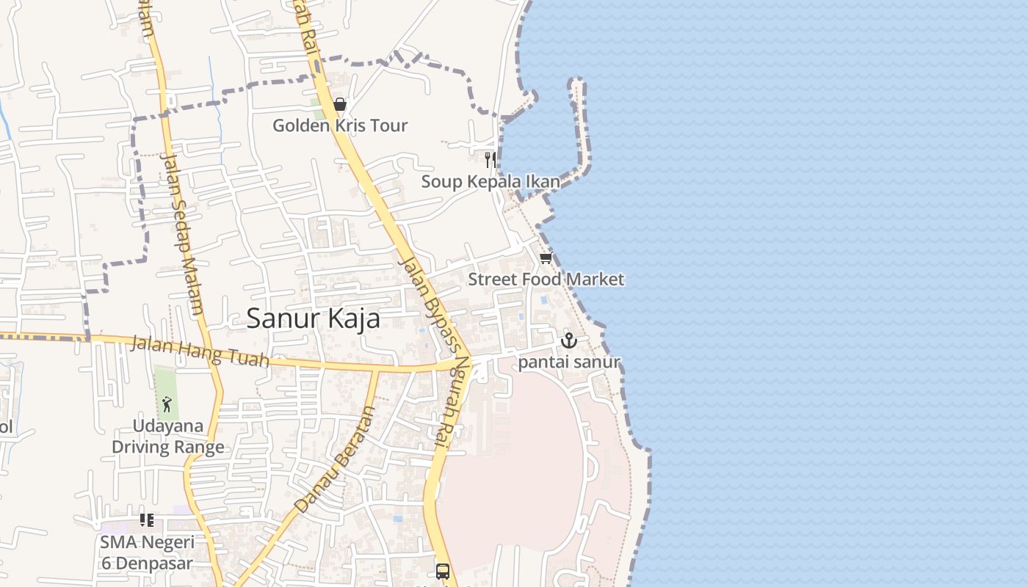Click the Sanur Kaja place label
[x=313, y=318]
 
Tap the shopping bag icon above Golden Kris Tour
[x=339, y=105]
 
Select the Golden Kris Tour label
[x=339, y=125]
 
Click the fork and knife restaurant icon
[x=491, y=160]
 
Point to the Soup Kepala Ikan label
[x=491, y=181]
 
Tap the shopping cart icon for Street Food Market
[x=546, y=258]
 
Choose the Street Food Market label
[x=546, y=279]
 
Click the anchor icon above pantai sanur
[x=568, y=341]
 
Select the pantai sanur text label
[x=569, y=362]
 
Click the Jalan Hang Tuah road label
[x=200, y=352]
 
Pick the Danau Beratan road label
[x=336, y=459]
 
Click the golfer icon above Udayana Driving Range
[x=167, y=404]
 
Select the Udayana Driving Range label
[x=168, y=437]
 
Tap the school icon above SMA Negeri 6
[x=147, y=520]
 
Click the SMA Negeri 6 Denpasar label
[x=147, y=553]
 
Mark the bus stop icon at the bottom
[x=442, y=571]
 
